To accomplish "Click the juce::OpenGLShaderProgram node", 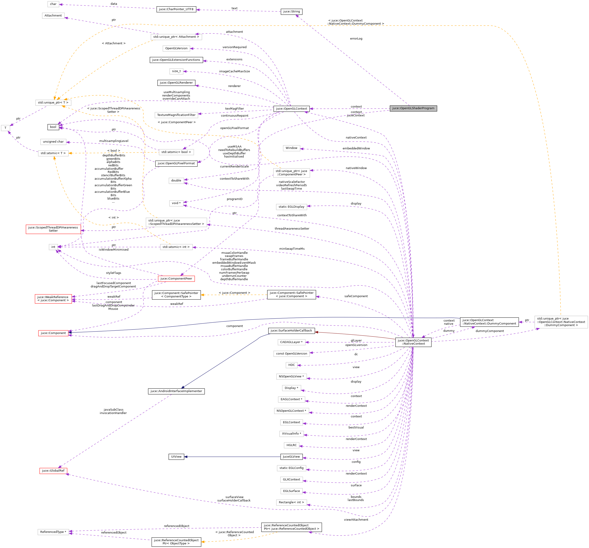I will coord(413,108).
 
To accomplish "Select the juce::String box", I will coord(292,12).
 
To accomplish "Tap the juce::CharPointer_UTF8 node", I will coord(176,9).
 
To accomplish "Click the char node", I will coord(53,4).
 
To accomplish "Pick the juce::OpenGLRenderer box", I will coord(176,83).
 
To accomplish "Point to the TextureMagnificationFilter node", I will coord(176,115).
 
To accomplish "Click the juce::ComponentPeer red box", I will coord(176,279).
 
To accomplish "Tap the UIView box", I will coord(176,456).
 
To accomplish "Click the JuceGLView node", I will coord(292,456).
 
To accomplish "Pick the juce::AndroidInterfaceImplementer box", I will coord(176,391).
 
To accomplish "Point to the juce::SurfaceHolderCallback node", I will coord(292,330).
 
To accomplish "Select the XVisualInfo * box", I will coord(292,434).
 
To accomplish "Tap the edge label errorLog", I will coord(356,39).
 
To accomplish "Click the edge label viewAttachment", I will coord(356,520).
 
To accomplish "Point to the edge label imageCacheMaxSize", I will coord(234,71).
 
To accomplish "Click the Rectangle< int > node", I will coord(292,502).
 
